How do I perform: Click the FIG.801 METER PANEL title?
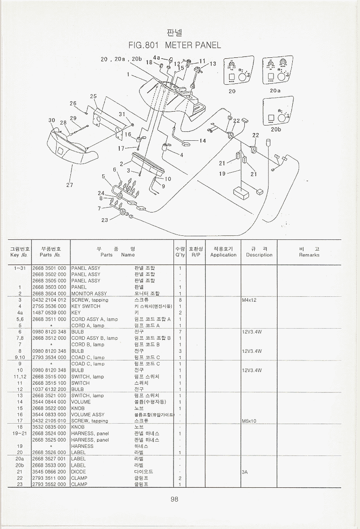pos(174,45)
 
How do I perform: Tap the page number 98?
pos(174,499)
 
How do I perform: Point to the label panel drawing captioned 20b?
pos(276,111)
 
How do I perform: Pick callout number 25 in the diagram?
pos(93,96)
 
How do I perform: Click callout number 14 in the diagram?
pos(203,141)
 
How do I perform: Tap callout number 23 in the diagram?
pos(104,220)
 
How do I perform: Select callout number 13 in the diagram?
pos(213,64)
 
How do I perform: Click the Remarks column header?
pos(309,251)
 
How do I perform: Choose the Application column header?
pos(223,251)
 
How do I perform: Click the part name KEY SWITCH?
pos(86,306)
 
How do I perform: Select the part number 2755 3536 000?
pos(49,306)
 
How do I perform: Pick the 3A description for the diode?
pos(245,472)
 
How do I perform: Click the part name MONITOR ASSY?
pos(89,294)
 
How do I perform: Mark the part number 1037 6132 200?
pos(49,389)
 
